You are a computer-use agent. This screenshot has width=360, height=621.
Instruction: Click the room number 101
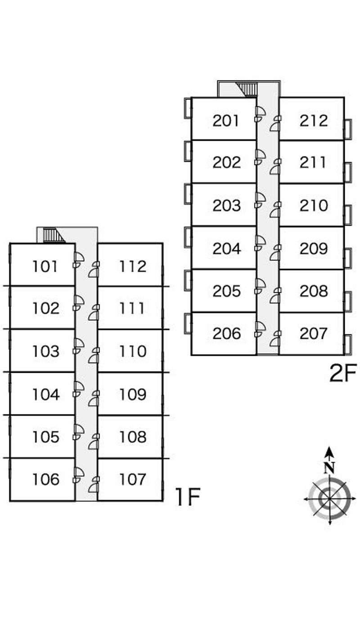pos(45,266)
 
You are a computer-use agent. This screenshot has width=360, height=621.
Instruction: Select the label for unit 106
pos(45,479)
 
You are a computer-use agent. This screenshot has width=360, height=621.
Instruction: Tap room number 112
pos(133,266)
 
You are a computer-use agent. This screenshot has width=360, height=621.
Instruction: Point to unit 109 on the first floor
pos(133,394)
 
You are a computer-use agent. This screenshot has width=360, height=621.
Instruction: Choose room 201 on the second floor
pos(226,121)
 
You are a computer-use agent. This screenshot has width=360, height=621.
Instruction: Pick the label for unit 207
pos(313,333)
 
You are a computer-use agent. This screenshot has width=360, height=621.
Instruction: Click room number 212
pos(313,121)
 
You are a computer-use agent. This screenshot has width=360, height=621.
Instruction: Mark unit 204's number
pos(226,248)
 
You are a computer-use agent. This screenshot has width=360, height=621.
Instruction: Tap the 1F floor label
pos(187,497)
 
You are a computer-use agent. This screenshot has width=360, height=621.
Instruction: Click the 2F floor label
pos(343,373)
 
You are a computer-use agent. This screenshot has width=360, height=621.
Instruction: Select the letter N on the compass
pos(329,468)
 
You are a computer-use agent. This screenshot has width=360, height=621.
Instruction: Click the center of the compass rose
pos(329,499)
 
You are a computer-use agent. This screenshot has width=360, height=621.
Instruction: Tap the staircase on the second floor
pos(247,89)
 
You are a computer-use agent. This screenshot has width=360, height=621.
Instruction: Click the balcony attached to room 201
pos(188,108)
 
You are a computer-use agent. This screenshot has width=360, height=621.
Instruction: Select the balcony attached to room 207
pos(347,345)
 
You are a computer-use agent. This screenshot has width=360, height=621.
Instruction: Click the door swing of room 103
pos(79,344)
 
